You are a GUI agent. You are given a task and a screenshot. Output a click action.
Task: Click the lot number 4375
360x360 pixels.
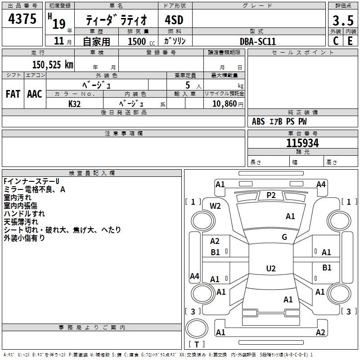22,18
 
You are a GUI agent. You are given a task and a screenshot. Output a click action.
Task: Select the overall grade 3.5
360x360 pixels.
343,20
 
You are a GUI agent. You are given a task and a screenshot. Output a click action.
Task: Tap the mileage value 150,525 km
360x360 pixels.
53,65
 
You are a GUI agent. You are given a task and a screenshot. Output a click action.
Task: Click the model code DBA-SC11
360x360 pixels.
258,41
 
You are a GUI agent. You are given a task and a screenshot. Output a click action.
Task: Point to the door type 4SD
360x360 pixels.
174,20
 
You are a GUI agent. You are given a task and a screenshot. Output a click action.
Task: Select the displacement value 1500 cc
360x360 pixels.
141,41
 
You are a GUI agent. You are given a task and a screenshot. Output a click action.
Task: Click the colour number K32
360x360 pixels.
75,104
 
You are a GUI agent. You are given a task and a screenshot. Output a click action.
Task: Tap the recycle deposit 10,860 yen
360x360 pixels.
228,104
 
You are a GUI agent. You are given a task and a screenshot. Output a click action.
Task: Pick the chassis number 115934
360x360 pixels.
302,143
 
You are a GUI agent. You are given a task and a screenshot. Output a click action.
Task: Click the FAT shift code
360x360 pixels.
13,94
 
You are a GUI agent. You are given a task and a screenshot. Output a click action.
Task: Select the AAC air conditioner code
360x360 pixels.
35,94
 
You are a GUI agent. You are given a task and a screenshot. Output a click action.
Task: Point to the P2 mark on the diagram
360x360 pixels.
271,195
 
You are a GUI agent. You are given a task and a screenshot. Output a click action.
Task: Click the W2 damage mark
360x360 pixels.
215,206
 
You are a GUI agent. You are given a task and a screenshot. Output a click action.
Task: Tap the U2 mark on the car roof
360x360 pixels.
271,268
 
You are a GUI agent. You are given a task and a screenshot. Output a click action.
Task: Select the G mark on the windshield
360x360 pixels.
284,237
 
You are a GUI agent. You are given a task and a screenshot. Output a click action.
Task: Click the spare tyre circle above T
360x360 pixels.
197,328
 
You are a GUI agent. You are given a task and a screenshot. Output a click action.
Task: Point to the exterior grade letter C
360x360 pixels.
336,41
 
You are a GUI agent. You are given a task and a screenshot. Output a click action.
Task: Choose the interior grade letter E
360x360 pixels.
350,41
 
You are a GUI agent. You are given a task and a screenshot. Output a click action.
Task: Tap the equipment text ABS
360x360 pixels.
258,121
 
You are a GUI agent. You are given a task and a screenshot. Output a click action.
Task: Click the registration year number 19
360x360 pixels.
59,24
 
